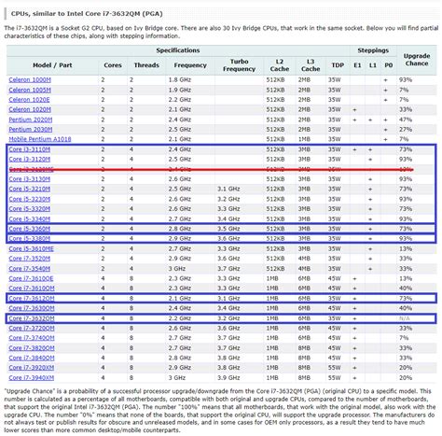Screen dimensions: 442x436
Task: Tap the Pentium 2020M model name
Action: click(x=29, y=119)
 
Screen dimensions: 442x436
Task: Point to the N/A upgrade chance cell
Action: click(x=405, y=318)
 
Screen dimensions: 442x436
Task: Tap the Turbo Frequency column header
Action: click(x=239, y=64)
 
